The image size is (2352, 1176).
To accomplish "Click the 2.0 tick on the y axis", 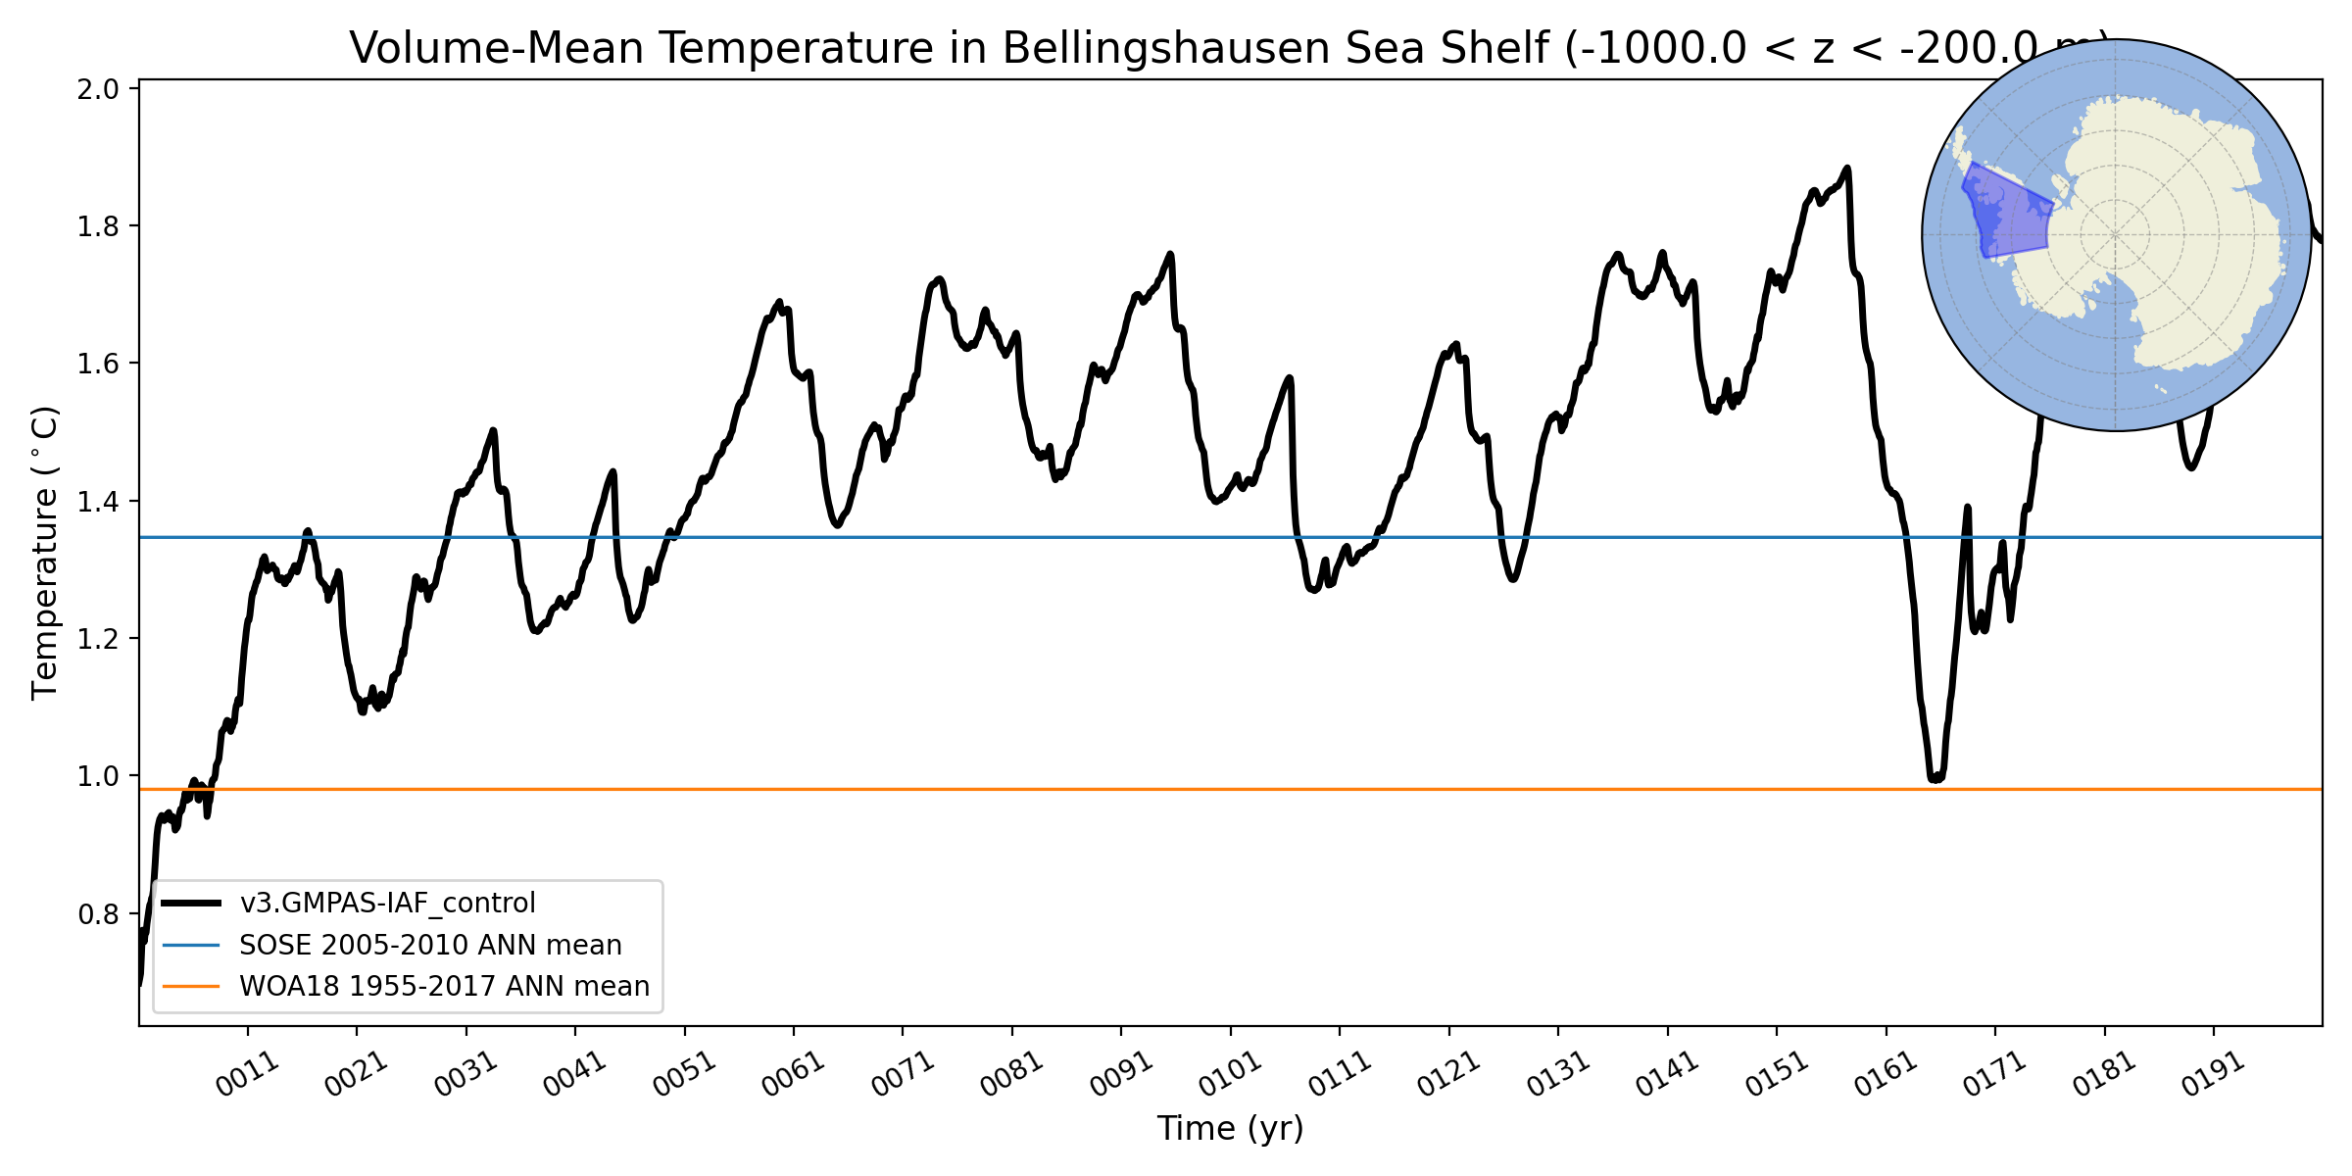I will [x=97, y=89].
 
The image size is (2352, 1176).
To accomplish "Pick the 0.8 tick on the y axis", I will [x=97, y=914].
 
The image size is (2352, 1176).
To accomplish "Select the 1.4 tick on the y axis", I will [x=97, y=502].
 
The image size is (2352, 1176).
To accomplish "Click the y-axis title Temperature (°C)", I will [x=45, y=553].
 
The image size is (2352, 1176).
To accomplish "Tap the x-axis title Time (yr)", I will [x=1230, y=1129].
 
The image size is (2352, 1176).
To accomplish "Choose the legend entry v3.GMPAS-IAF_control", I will [x=387, y=903].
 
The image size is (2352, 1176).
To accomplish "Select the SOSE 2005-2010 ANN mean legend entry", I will [x=430, y=945].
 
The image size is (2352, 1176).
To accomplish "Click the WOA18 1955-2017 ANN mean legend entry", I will [x=444, y=986].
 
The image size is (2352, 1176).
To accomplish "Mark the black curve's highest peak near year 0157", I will [x=1847, y=169].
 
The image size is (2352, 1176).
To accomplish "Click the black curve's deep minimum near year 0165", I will [x=1935, y=779].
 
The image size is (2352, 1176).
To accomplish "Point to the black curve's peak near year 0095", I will [x=1170, y=255].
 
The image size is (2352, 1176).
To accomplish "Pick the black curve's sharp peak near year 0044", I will [x=613, y=472].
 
